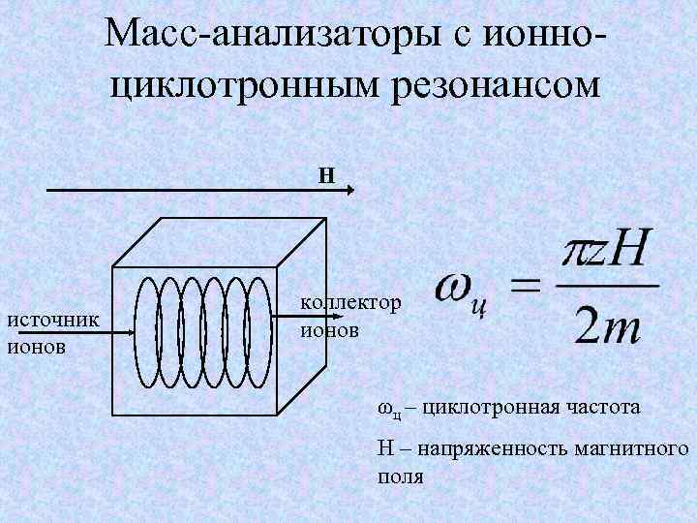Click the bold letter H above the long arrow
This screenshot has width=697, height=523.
(x=327, y=175)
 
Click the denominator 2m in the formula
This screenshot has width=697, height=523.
(x=605, y=327)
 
